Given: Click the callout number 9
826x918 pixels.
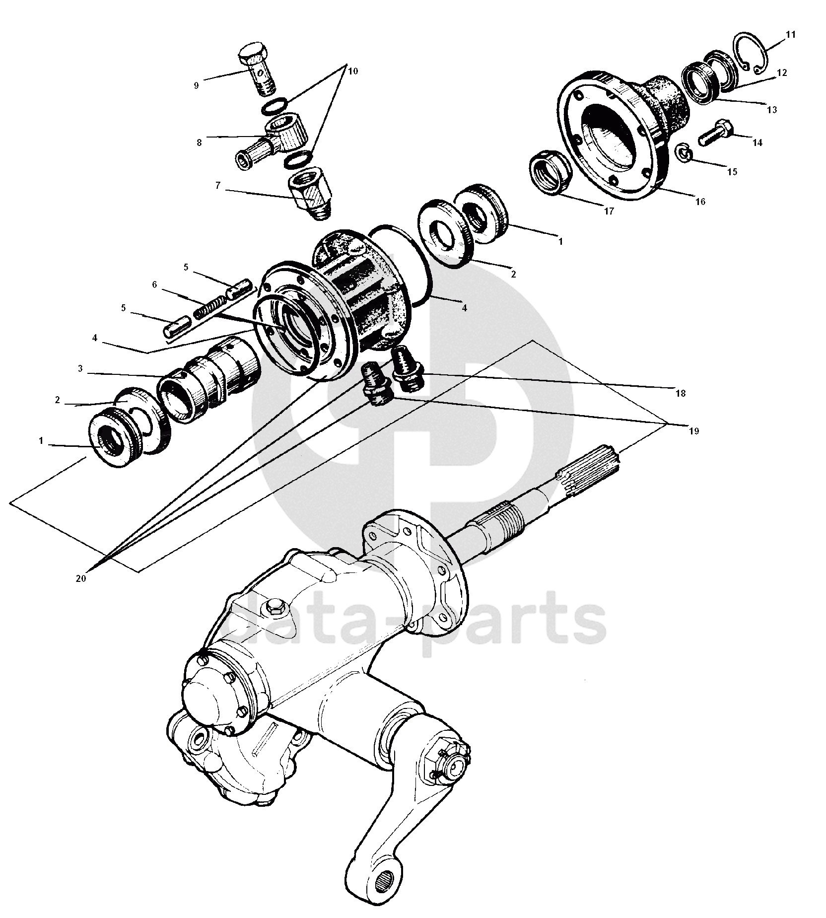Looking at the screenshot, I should click(196, 85).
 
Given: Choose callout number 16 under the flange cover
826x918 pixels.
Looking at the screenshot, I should click(700, 202).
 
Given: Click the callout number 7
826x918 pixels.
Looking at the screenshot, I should click(217, 186).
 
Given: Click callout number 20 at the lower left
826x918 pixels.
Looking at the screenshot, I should click(81, 578).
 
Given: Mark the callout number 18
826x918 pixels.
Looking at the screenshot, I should click(680, 393).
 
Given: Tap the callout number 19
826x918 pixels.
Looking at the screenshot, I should click(694, 431).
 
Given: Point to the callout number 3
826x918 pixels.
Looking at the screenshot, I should click(80, 369).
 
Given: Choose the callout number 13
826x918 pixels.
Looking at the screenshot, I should click(771, 110).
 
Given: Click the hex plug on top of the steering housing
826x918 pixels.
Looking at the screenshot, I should click(273, 606).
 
